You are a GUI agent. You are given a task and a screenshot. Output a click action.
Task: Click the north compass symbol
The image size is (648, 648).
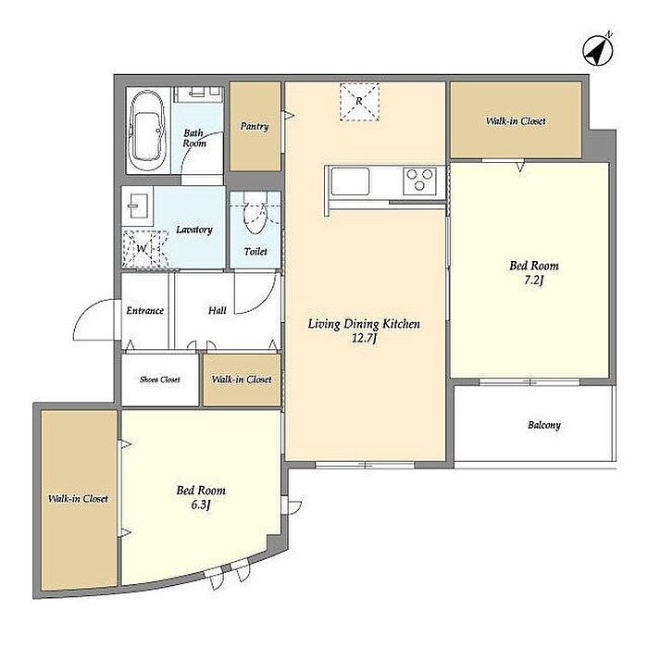pos(598,50)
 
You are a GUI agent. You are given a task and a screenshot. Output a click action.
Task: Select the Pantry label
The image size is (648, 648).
pos(255,126)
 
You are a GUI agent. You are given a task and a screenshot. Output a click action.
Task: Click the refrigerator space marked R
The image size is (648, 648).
pos(359,102)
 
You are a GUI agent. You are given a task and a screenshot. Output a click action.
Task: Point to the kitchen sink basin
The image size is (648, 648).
pos(351,181)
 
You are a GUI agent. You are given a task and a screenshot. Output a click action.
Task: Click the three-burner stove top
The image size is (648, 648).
pos(420,181)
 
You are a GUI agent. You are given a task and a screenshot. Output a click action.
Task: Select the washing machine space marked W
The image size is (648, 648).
pos(144,249)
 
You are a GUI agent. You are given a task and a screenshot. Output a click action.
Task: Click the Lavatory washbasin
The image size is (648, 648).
pos(137,206)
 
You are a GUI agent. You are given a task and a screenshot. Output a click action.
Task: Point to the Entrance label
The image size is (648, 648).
pos(145,311)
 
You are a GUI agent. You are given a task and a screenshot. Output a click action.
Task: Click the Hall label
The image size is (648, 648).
pos(218,310)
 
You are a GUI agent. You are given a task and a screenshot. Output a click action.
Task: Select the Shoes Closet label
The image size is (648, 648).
pos(160,380)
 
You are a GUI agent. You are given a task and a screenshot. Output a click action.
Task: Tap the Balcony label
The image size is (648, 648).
pos(544,425)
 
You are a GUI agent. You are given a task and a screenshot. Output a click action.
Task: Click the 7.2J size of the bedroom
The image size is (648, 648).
pos(533,280)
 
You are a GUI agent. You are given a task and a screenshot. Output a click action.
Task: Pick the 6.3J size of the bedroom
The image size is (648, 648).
pos(201,505)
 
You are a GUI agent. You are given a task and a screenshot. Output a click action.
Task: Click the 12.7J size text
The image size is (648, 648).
pos(364,339)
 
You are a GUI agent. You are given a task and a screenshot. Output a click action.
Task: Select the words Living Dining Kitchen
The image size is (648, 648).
pos(364,324)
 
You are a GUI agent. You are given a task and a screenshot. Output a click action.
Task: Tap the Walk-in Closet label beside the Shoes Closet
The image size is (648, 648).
pos(242,380)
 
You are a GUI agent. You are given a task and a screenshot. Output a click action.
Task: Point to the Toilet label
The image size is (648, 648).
pos(255,251)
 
